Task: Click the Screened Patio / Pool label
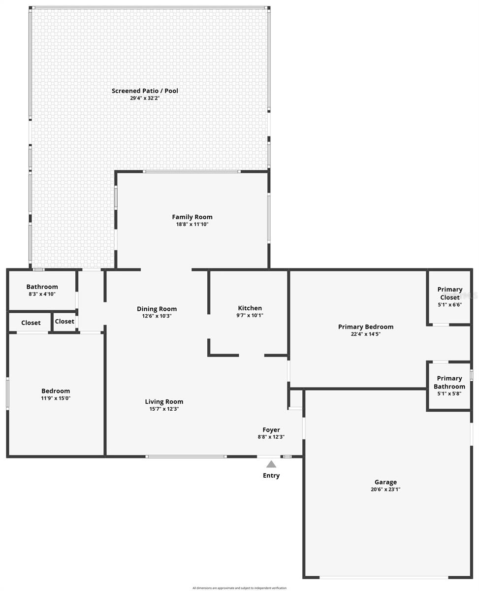[145, 91]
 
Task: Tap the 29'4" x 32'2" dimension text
[145, 98]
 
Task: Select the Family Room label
[192, 217]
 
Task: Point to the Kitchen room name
[250, 308]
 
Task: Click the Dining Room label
[157, 309]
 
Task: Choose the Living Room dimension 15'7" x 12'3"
[164, 409]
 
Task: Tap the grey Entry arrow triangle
[271, 464]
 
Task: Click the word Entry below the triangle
[271, 475]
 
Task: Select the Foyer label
[271, 430]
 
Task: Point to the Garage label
[385, 482]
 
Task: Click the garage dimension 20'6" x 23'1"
[385, 490]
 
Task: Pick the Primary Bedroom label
[365, 327]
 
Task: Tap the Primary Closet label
[449, 293]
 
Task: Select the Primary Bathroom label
[449, 382]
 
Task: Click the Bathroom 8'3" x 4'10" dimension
[42, 294]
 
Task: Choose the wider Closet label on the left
[31, 323]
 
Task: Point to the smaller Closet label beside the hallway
[64, 322]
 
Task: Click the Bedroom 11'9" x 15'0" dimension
[56, 398]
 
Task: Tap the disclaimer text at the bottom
[239, 588]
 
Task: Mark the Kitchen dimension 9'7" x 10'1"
[250, 315]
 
